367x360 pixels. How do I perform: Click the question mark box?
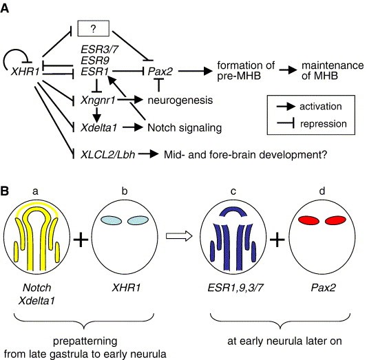point(94,28)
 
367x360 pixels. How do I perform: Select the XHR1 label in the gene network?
point(25,72)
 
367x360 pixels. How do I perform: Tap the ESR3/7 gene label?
point(100,50)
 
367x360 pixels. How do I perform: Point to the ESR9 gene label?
point(95,61)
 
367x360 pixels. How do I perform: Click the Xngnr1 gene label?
point(98,100)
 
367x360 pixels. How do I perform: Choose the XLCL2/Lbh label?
point(107,155)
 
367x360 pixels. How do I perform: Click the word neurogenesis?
point(180,100)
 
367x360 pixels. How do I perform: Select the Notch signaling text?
point(185,128)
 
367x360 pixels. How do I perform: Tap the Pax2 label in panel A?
point(160,72)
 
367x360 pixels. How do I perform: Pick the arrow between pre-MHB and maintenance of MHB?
point(288,70)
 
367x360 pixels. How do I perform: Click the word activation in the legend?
point(321,107)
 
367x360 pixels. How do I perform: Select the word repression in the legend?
point(323,124)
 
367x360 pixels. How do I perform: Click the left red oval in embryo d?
point(308,220)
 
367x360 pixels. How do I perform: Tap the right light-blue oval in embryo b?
point(138,220)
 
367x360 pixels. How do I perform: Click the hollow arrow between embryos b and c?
point(179,235)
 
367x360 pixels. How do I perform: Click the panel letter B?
point(5,191)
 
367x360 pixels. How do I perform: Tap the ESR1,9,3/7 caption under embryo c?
point(235,288)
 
